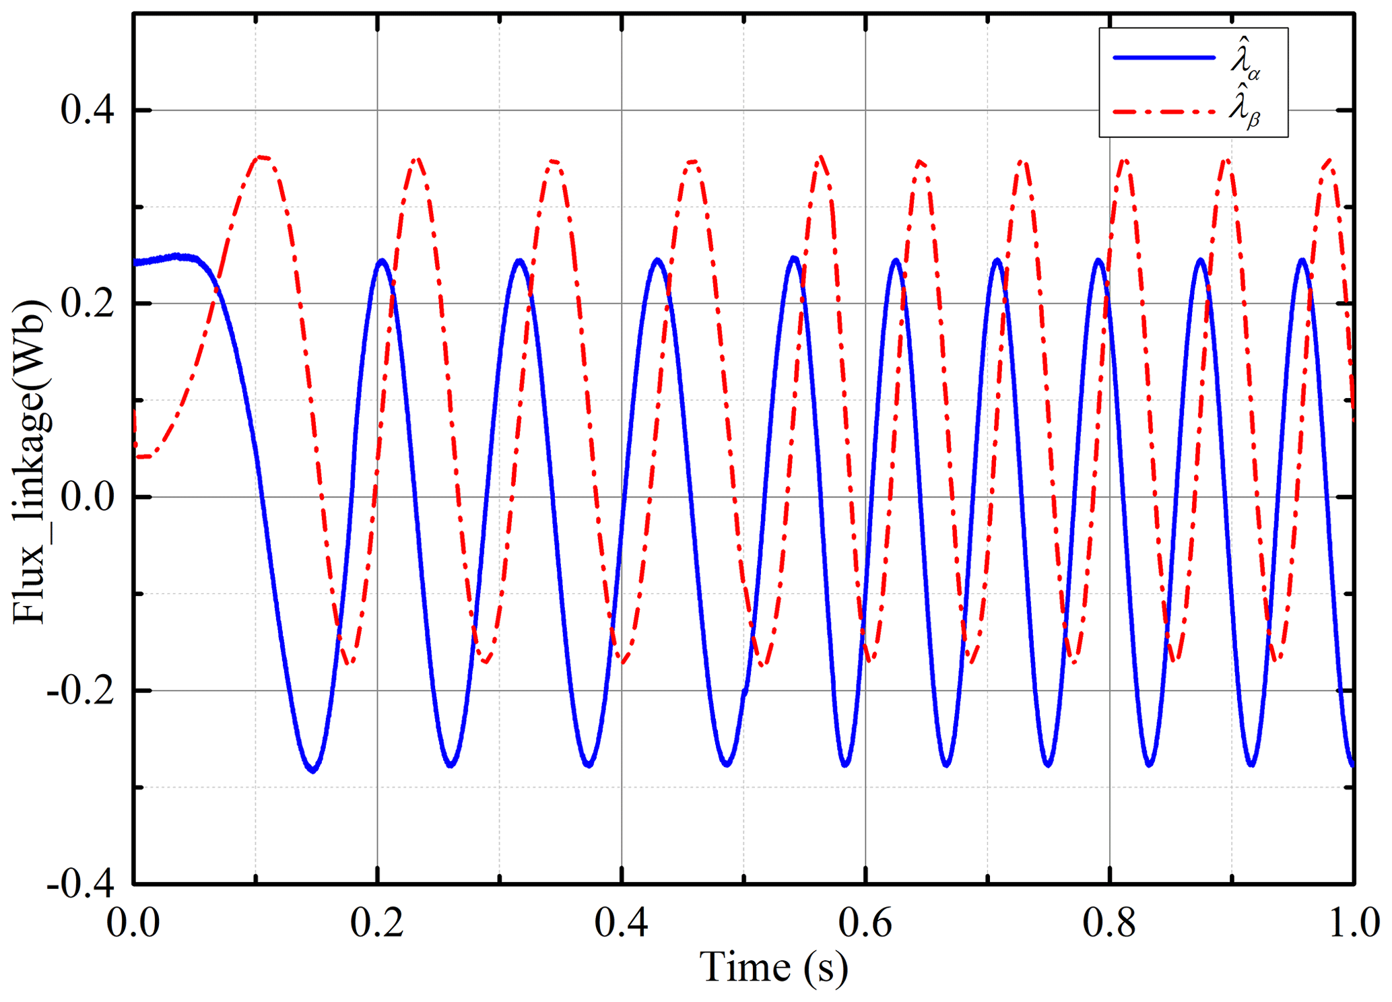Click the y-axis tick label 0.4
87,110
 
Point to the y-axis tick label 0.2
87,304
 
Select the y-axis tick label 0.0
87,498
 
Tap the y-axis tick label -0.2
80,691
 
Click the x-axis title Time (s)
774,968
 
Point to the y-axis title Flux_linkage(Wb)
30,464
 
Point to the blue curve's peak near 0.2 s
382,261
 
